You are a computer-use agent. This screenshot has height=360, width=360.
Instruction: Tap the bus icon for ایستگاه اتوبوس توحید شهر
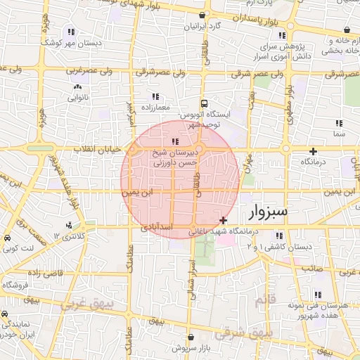(203, 102)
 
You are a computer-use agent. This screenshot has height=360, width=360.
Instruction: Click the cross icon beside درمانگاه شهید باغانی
(224, 221)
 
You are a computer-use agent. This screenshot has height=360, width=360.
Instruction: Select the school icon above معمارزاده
(155, 96)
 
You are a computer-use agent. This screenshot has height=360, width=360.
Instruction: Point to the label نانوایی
(77, 98)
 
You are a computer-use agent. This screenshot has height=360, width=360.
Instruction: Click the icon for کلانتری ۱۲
(69, 226)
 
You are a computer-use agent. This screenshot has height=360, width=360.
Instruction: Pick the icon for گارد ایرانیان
(203, 15)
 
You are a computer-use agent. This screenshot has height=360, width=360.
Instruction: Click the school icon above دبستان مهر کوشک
(70, 32)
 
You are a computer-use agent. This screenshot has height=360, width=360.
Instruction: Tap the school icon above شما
(339, 122)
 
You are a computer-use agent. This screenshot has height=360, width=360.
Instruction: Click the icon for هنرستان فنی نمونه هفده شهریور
(318, 295)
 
